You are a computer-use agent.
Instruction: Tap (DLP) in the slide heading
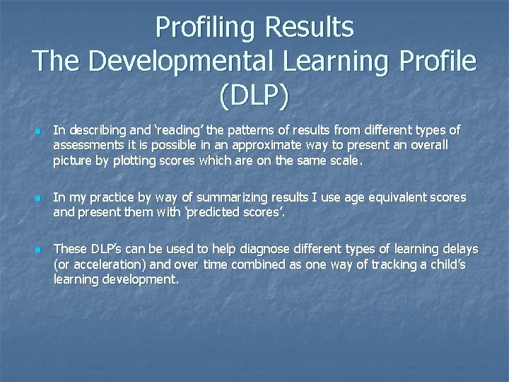click(255, 95)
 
